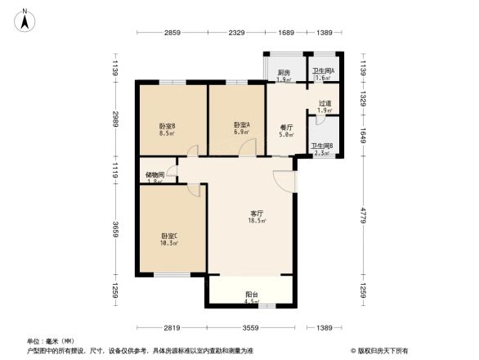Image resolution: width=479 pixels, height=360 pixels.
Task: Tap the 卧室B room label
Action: [168, 125]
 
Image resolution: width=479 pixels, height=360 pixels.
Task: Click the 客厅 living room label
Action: [256, 214]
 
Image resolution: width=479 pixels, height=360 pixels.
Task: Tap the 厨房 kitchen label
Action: [284, 73]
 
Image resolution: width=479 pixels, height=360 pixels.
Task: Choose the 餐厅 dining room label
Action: [286, 127]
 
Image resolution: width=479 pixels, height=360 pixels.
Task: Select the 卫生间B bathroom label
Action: [322, 146]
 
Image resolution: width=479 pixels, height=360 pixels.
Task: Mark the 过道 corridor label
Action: [324, 103]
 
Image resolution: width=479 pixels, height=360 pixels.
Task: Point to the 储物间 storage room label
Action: [154, 174]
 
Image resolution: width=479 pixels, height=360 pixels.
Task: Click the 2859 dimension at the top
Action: [172, 32]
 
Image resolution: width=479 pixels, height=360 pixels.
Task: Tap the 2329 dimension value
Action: [236, 32]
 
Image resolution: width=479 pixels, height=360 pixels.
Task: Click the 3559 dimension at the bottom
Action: [249, 327]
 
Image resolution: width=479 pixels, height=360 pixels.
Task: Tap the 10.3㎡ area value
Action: [168, 244]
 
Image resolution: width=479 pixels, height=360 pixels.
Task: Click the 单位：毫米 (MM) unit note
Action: [50, 341]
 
